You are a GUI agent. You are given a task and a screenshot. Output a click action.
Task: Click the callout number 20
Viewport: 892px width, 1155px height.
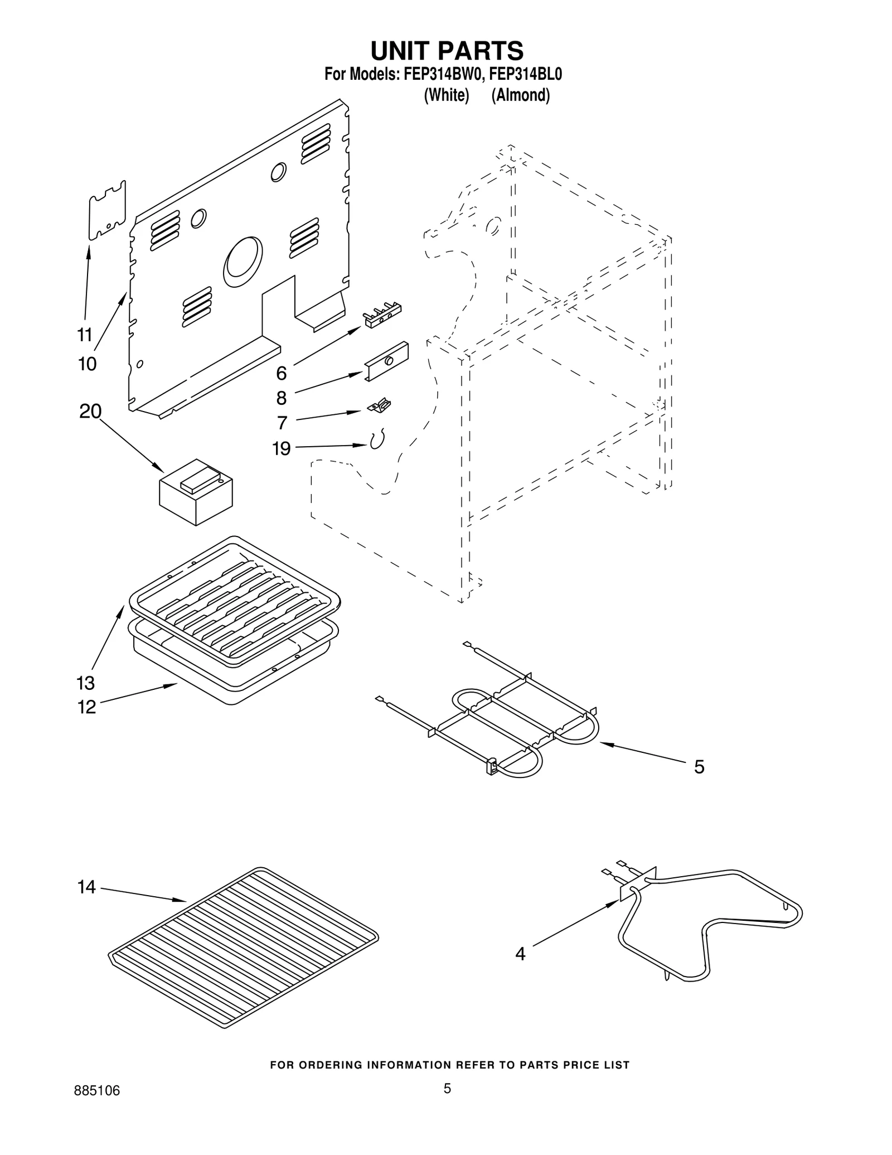tap(90, 412)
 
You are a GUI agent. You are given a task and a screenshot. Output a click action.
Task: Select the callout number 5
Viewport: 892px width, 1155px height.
tap(699, 767)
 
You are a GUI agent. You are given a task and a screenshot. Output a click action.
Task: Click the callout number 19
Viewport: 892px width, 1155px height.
tap(282, 448)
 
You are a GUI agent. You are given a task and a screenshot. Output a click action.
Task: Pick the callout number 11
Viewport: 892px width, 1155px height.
tap(84, 335)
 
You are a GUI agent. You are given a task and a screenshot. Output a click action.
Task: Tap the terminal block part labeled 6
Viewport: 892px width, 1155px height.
tap(382, 315)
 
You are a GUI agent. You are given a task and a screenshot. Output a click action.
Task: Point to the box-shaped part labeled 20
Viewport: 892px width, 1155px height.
tap(196, 491)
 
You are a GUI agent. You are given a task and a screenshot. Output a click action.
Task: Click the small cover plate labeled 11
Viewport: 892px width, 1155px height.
tap(108, 210)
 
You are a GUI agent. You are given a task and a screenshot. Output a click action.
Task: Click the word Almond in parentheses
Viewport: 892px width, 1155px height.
tap(521, 95)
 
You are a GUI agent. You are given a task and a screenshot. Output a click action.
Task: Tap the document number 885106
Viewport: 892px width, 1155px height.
tap(97, 1106)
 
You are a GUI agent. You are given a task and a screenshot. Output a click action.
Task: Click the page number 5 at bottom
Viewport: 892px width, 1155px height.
tap(447, 1103)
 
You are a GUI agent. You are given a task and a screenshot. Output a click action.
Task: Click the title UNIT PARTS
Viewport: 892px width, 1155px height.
tap(447, 51)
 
